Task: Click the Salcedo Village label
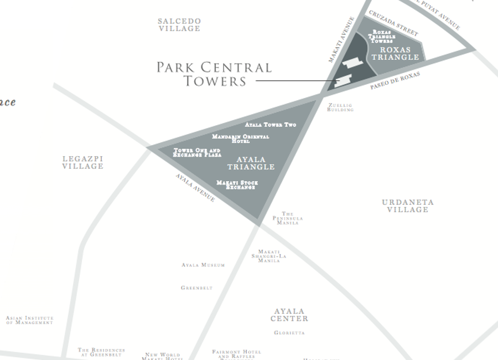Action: (x=179, y=25)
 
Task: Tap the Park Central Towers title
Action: (x=215, y=74)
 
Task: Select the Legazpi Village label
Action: (x=82, y=162)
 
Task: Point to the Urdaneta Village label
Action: (x=408, y=206)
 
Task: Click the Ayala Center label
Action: (x=289, y=315)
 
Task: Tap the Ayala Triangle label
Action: (x=251, y=163)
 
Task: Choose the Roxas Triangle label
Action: (x=395, y=53)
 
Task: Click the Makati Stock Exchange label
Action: (x=237, y=185)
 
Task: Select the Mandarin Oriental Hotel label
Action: (x=241, y=138)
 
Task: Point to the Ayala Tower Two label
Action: (x=271, y=125)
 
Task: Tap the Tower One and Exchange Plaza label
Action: (x=197, y=152)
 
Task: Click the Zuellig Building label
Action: (x=340, y=107)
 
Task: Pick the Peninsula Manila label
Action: (x=288, y=218)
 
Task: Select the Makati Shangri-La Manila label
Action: (x=268, y=256)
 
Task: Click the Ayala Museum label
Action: (x=203, y=265)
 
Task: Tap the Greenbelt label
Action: (x=196, y=288)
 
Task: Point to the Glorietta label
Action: (x=289, y=333)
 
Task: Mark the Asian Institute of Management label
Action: (x=30, y=320)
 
